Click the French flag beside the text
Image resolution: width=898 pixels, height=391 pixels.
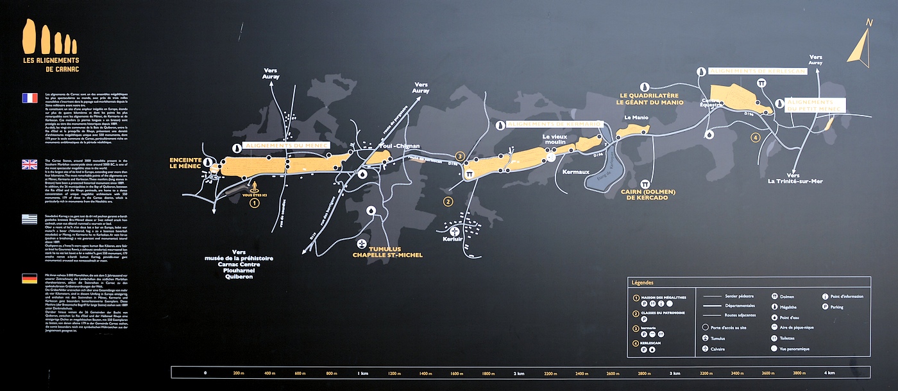click(30, 98)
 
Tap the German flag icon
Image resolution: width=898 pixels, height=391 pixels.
click(30, 279)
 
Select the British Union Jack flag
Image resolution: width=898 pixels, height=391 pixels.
click(30, 164)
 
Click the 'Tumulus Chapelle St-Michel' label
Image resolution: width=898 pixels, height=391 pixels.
click(387, 252)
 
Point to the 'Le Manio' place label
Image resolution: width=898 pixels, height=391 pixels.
click(636, 118)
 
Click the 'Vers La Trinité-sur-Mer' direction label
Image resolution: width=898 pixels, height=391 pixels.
click(794, 178)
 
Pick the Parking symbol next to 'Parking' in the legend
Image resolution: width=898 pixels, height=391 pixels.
click(825, 306)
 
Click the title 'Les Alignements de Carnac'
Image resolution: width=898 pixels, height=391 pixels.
click(51, 64)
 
